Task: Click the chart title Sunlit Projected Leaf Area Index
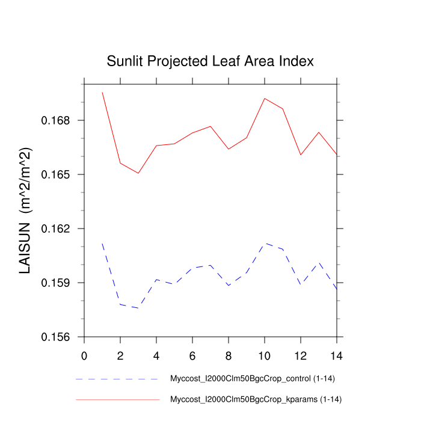coord(210,61)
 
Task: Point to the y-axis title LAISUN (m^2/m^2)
coord(25,210)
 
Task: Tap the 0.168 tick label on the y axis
coord(56,120)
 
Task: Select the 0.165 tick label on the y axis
coord(56,174)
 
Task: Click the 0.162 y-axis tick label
coord(56,229)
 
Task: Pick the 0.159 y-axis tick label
coord(56,283)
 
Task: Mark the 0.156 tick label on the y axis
coord(56,337)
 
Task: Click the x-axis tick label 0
coord(84,355)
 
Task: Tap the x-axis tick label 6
coord(192,355)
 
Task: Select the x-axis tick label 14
coord(337,355)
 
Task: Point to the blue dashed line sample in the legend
coord(117,380)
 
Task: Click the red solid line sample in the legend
coord(117,399)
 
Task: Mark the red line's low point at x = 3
coord(138,173)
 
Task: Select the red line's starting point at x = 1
coord(102,92)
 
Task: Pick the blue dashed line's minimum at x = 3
coord(138,308)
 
